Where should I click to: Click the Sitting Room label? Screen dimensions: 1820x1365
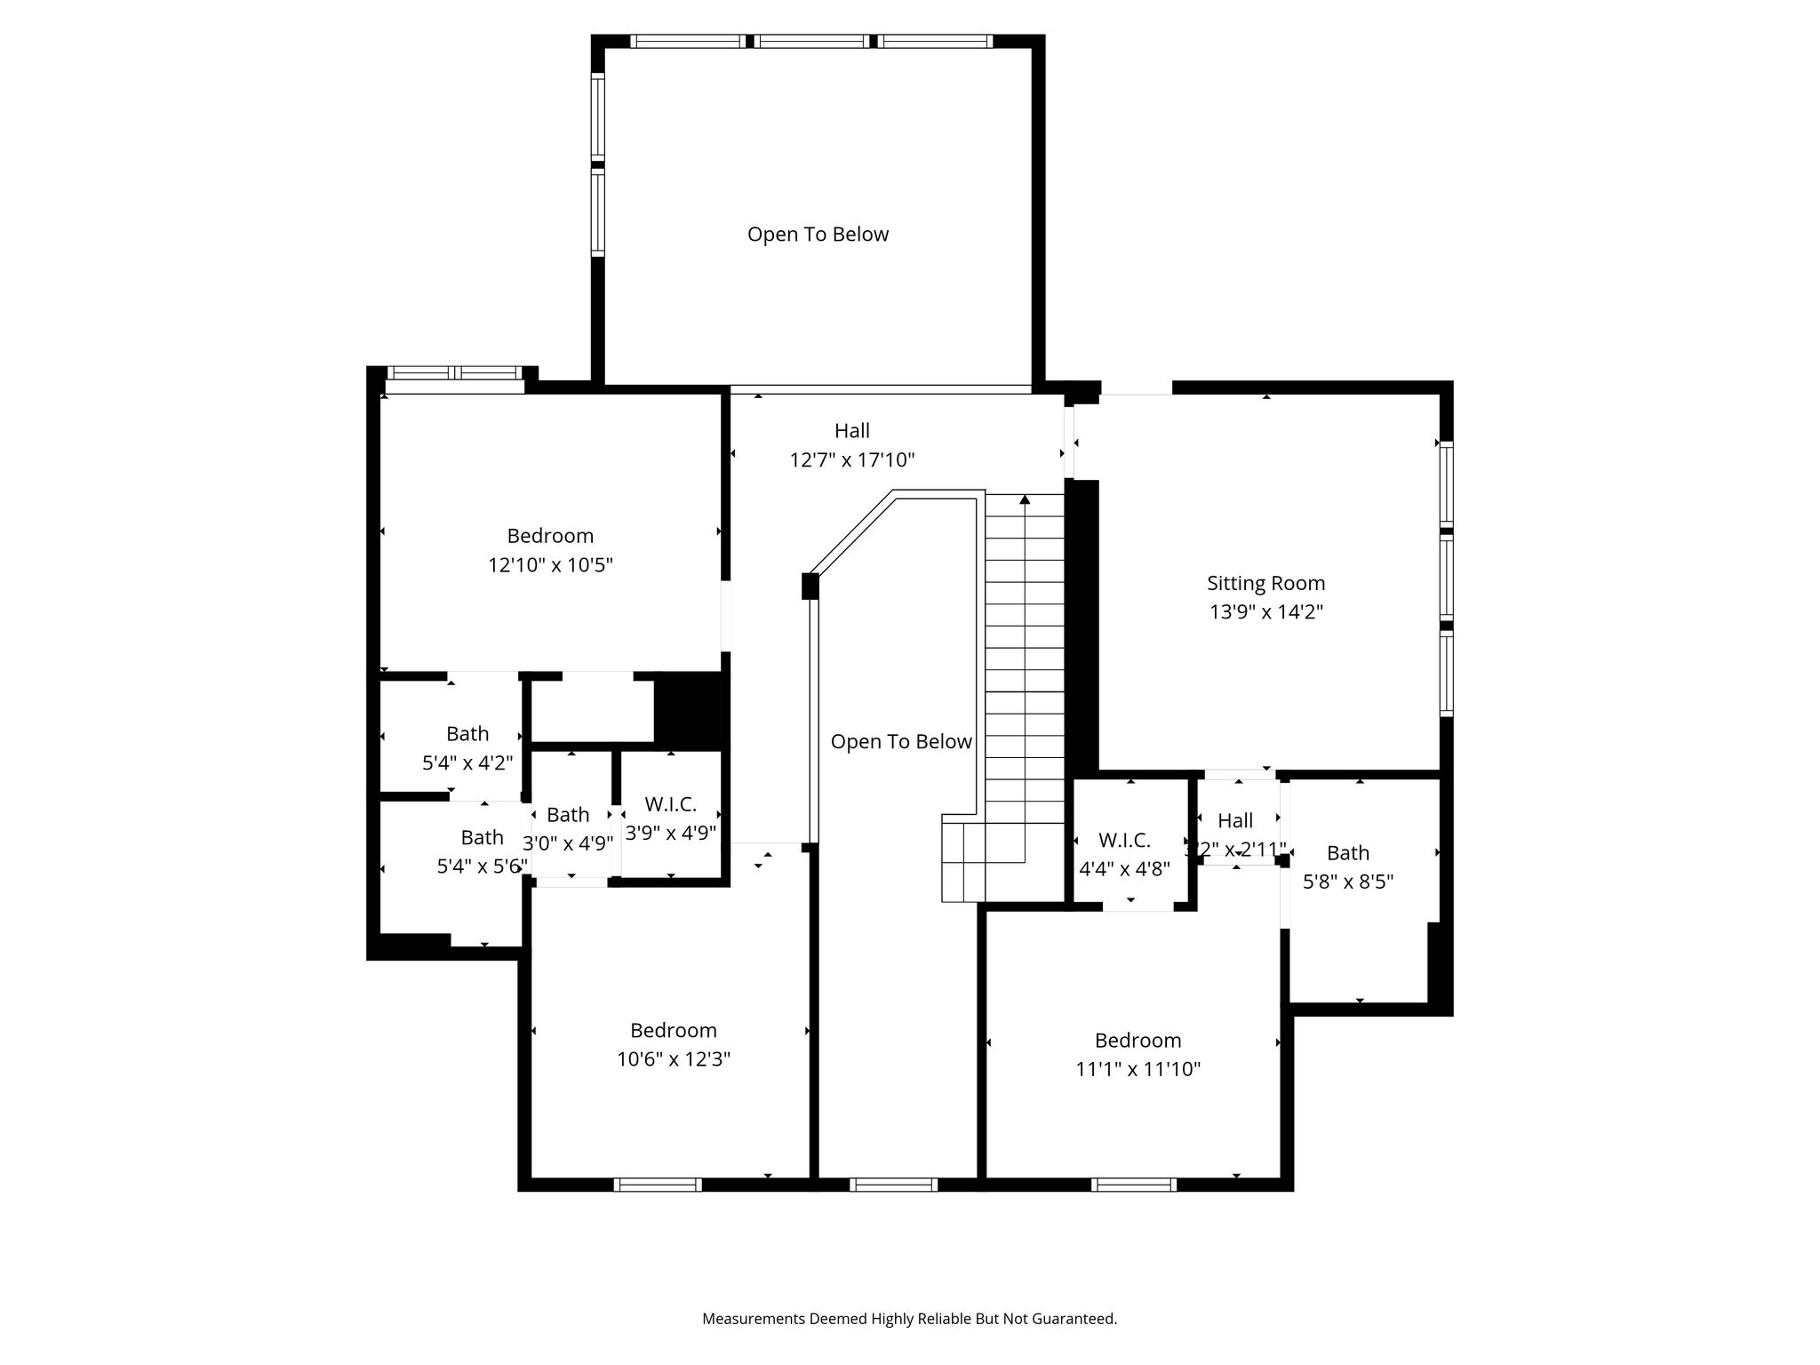[x=1265, y=583]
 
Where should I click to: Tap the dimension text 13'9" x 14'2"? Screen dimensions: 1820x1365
[x=1265, y=612]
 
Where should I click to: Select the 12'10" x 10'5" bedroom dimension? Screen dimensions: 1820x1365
[x=550, y=565]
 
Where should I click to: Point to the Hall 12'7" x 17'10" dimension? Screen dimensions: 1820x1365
[x=852, y=460]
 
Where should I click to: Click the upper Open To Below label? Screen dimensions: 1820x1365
[x=818, y=235]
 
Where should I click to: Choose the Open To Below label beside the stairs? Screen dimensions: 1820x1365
[x=901, y=742]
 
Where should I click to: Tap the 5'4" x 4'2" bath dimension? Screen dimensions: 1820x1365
[x=467, y=763]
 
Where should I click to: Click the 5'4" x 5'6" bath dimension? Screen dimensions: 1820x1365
[x=483, y=866]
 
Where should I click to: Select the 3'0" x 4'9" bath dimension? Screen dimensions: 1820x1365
[x=568, y=843]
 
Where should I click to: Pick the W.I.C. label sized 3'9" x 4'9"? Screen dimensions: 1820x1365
[x=670, y=804]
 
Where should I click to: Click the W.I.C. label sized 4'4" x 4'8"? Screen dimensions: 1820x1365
[x=1124, y=840]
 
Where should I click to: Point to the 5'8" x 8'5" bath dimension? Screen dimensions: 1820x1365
[x=1348, y=882]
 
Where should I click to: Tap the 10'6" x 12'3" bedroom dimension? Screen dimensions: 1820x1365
[x=674, y=1059]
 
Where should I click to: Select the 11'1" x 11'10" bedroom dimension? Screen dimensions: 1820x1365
[x=1137, y=1069]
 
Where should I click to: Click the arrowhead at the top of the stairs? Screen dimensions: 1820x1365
[x=1025, y=499]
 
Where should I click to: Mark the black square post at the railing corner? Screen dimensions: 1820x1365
[x=810, y=587]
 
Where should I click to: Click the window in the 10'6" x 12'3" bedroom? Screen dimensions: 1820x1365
[x=658, y=1185]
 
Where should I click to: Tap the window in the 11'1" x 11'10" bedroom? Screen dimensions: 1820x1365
[x=1134, y=1185]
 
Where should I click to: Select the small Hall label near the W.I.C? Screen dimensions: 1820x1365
[x=1235, y=820]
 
